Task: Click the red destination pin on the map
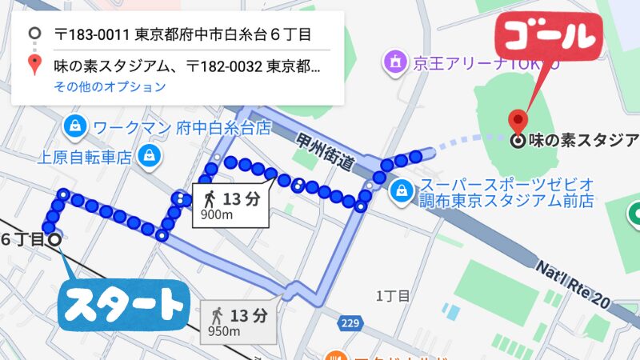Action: [518, 122]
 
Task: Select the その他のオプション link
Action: [110, 86]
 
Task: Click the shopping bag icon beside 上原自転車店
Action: [149, 155]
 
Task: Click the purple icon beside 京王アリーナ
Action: [394, 60]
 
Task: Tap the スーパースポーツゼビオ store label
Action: [507, 182]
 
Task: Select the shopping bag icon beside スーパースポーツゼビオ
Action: [400, 191]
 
